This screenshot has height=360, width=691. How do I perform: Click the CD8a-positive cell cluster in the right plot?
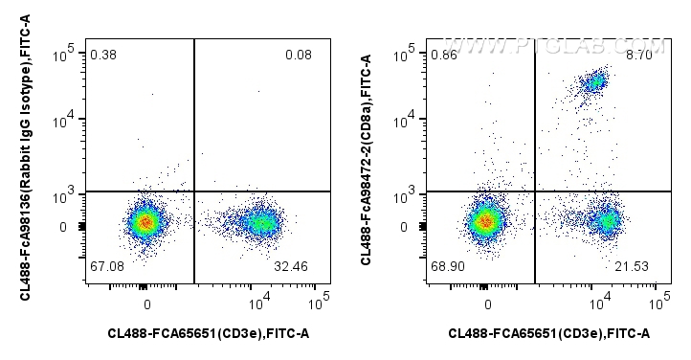[595, 82]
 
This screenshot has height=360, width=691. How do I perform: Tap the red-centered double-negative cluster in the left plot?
[145, 222]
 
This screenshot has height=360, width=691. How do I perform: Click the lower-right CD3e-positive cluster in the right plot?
[604, 222]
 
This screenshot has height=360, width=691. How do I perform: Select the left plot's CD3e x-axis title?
[208, 333]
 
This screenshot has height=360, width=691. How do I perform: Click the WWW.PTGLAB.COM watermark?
[555, 45]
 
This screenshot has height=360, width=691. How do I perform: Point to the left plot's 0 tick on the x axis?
[147, 304]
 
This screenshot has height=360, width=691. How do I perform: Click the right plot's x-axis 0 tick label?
[488, 304]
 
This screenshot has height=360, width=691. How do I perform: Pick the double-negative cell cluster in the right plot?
[485, 222]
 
